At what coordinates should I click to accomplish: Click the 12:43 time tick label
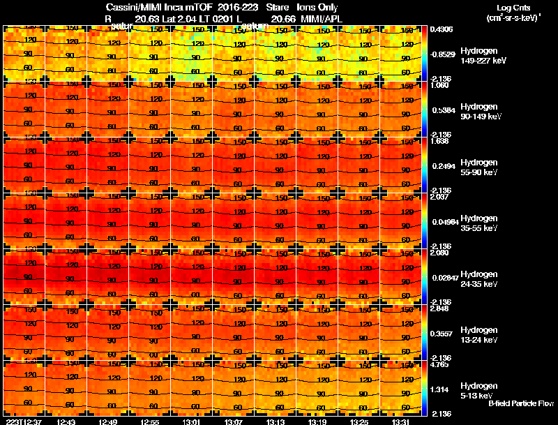[x=67, y=421]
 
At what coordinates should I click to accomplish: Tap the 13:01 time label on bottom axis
[x=191, y=421]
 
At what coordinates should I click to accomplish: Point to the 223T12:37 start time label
[x=22, y=421]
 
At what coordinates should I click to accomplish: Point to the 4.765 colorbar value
[x=439, y=364]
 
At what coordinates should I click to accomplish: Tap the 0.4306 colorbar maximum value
[x=441, y=29]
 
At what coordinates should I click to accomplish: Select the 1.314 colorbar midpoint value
[x=439, y=389]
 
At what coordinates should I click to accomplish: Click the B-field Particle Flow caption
[x=520, y=403]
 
